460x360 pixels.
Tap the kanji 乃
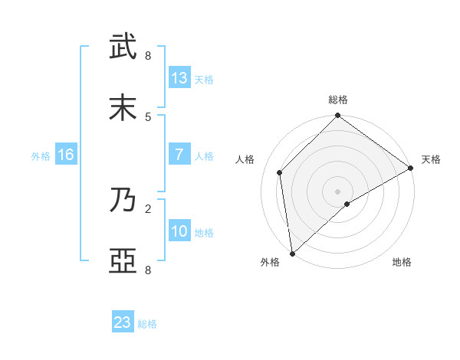(123, 200)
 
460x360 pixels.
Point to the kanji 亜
(123, 260)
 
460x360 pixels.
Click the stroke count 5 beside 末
(148, 116)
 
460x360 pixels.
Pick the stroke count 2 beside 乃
(148, 208)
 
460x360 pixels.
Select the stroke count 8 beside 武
(148, 56)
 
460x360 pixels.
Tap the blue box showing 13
(179, 78)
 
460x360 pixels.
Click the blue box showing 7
(179, 155)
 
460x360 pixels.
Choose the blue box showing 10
(179, 231)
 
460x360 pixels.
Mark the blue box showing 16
(66, 155)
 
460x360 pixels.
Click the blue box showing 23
(123, 322)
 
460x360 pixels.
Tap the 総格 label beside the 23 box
(147, 324)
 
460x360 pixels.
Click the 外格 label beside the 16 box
(41, 156)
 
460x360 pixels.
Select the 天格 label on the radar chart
(431, 159)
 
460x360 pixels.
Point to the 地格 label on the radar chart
(402, 263)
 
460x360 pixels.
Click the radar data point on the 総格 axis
(337, 117)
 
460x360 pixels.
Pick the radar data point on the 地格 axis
(347, 204)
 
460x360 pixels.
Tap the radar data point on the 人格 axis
(280, 172)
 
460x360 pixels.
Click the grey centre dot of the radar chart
(337, 191)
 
